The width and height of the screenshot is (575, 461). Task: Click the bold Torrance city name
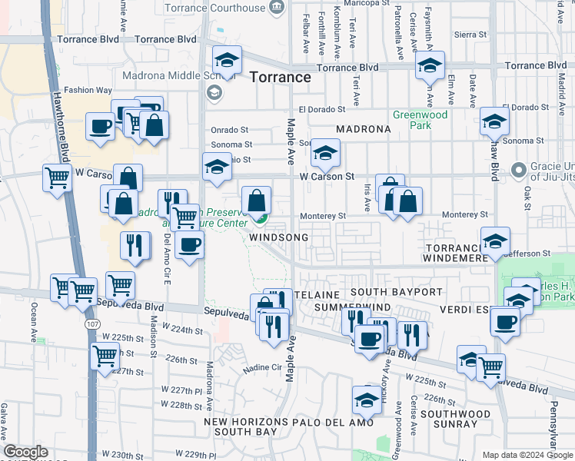pos(280,78)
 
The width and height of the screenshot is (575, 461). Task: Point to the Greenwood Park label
pos(420,119)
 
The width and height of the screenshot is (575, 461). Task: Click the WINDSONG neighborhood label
pos(279,238)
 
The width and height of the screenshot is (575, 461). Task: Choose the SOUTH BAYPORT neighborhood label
pos(396,293)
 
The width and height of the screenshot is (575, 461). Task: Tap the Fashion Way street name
pos(88,90)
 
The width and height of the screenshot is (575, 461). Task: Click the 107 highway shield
pos(90,324)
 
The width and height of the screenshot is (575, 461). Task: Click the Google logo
pos(25,452)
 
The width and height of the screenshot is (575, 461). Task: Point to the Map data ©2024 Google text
pos(527,455)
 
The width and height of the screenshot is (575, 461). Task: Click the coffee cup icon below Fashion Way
pos(100,126)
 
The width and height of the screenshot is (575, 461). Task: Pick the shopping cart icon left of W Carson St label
pos(58,179)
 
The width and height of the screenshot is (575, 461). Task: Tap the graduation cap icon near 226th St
pos(367,400)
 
